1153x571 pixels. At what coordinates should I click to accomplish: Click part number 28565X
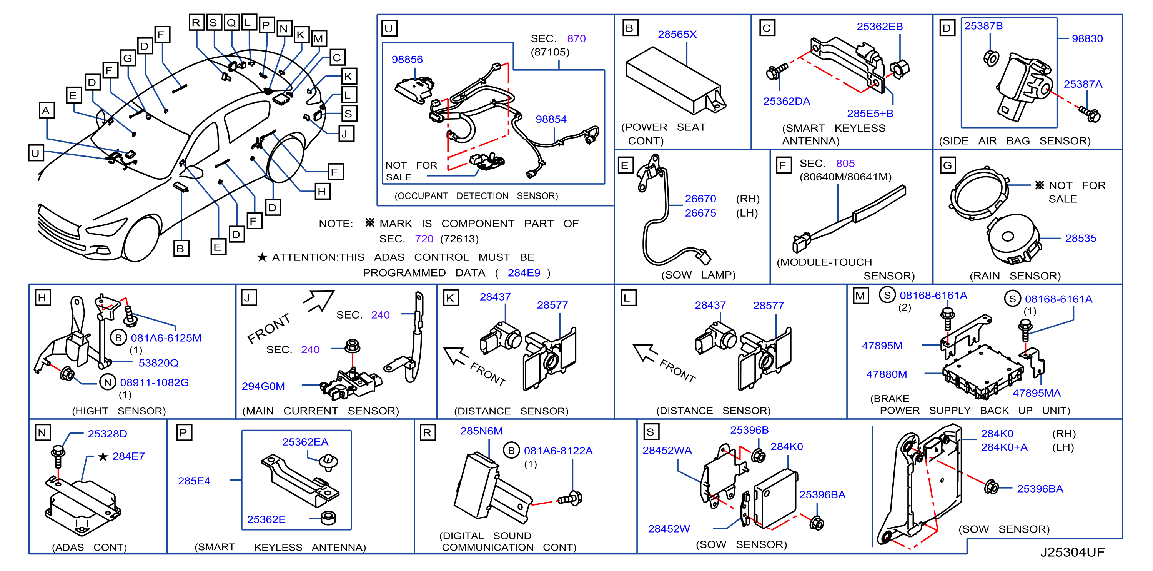pos(677,35)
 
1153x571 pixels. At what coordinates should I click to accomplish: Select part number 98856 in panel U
pos(407,60)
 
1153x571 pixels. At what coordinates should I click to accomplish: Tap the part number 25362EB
pos(880,27)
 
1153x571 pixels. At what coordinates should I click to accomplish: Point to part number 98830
pos(1087,39)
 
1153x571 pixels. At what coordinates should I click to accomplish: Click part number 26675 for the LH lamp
pos(700,213)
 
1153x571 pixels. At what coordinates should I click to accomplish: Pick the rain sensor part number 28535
pos(1080,238)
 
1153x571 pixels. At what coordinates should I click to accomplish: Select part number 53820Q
pos(158,363)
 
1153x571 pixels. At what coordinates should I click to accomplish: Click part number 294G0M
pos(263,386)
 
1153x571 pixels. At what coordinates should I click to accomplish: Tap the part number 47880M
pos(886,374)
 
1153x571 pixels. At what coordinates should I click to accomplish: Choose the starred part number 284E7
pos(128,456)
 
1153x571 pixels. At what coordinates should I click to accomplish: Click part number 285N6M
pos(481,431)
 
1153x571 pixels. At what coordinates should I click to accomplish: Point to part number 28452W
pos(669,529)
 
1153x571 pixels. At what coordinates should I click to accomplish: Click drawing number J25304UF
pos(1072,552)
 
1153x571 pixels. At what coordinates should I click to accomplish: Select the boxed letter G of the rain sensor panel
pos(948,165)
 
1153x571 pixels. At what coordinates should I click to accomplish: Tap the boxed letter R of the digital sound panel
pos(428,432)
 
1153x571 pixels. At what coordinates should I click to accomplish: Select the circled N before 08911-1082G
pos(107,382)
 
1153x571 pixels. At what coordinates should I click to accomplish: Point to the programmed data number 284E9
pos(524,273)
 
